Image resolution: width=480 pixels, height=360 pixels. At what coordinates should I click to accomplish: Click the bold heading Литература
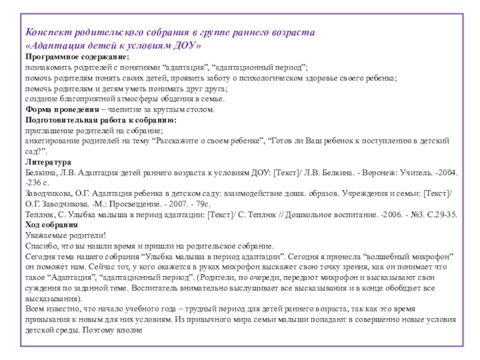click(48, 163)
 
